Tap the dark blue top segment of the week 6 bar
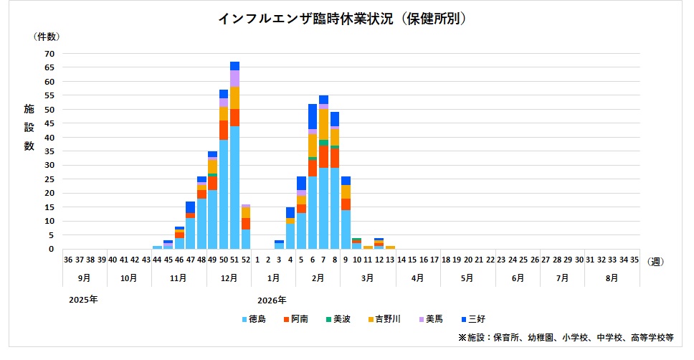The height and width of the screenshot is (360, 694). (313, 116)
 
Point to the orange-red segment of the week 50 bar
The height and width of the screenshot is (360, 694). (224, 130)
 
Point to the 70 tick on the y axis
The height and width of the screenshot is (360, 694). (49, 53)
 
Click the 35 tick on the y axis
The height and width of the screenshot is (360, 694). (49, 151)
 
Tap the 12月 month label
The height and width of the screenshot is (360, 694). (229, 277)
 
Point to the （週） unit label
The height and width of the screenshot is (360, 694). (656, 262)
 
